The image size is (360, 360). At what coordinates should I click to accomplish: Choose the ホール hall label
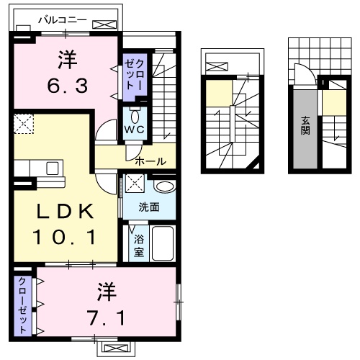(x=150, y=161)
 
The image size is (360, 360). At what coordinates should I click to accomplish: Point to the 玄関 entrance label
(x=305, y=126)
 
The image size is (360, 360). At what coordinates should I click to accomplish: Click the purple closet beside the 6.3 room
(x=133, y=73)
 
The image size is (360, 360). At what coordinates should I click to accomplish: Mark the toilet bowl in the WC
(x=135, y=115)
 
